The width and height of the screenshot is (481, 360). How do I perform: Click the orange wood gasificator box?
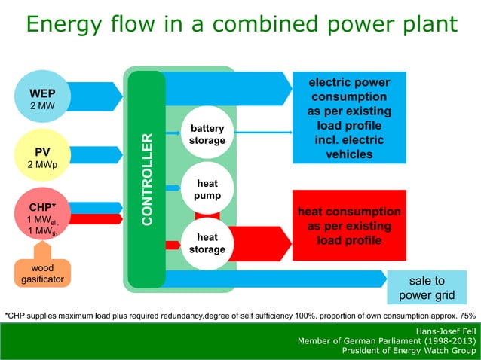click(x=42, y=273)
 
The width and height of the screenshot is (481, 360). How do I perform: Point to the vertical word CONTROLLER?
click(x=148, y=179)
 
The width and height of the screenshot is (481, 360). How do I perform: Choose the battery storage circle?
click(x=207, y=135)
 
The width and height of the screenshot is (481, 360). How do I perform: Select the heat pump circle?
click(x=207, y=190)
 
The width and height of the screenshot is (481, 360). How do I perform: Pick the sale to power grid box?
click(x=427, y=287)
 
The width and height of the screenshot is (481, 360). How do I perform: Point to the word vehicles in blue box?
click(x=348, y=154)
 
